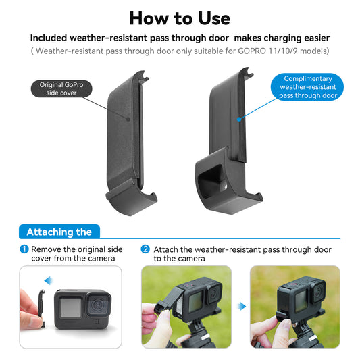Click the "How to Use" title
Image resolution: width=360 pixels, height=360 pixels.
point(180,18)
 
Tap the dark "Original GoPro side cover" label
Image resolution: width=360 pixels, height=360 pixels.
point(61,88)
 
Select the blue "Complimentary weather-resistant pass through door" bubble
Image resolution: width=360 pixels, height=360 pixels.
point(307,87)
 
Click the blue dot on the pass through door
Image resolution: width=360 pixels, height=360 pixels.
point(239,119)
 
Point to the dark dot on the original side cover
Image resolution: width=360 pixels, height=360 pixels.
point(128,119)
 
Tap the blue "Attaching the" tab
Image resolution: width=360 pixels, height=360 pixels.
point(59,232)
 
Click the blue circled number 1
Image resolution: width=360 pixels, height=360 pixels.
point(24,249)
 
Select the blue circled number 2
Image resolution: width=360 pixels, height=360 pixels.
point(145,249)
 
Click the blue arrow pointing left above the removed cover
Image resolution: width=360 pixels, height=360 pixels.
point(49,280)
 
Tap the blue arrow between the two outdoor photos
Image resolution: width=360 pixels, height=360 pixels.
point(242,306)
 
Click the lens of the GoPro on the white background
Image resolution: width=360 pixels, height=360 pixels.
point(98,305)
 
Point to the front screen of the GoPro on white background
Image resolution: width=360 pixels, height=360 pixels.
point(70,307)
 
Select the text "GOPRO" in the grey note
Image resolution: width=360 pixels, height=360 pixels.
point(252,51)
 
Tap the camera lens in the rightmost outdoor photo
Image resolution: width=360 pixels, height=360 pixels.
point(318,291)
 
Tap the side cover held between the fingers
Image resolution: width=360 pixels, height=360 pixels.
point(41,307)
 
